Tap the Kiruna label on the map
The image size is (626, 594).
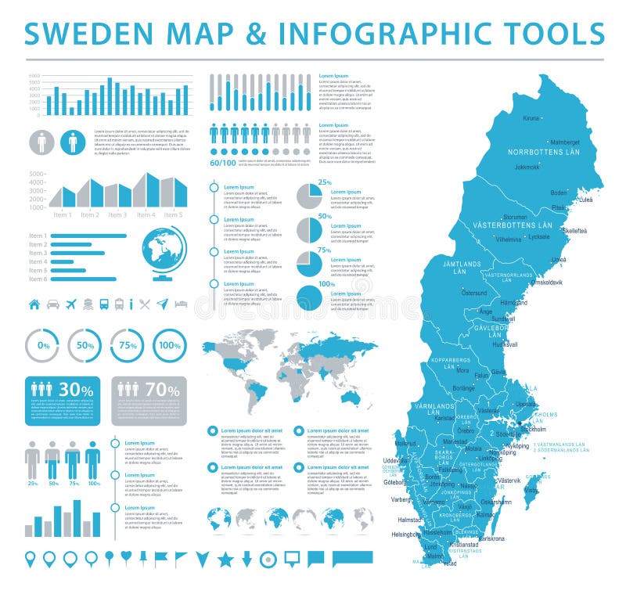(x=531, y=117)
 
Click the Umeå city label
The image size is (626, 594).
(x=559, y=259)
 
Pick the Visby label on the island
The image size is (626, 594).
(x=531, y=491)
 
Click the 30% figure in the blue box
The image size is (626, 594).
(x=76, y=389)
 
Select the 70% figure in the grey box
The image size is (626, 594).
(x=162, y=389)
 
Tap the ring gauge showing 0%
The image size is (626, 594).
(x=42, y=345)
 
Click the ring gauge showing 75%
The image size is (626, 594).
(x=127, y=345)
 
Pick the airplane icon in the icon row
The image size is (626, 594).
(x=71, y=304)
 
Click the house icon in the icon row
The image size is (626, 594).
(x=34, y=304)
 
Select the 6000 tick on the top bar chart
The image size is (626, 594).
(x=34, y=76)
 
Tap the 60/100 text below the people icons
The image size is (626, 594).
(x=222, y=163)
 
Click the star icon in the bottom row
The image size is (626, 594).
(x=225, y=559)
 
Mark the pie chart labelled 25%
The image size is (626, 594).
(x=309, y=196)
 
